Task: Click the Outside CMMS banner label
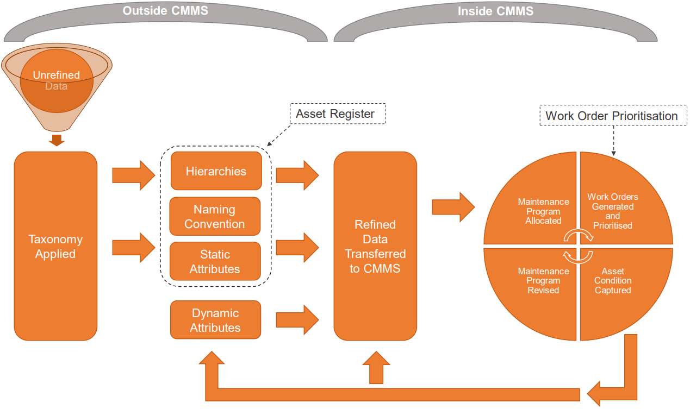click(165, 11)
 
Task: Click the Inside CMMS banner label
click(495, 11)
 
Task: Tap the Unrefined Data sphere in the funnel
click(57, 80)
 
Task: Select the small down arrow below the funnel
click(57, 140)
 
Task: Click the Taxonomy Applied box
click(55, 246)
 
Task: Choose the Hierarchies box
click(216, 171)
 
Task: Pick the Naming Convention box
click(215, 216)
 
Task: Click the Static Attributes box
click(215, 261)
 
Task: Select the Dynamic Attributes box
click(215, 320)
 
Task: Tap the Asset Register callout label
click(335, 114)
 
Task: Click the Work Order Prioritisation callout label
click(612, 116)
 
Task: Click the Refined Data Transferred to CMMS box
click(375, 246)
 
